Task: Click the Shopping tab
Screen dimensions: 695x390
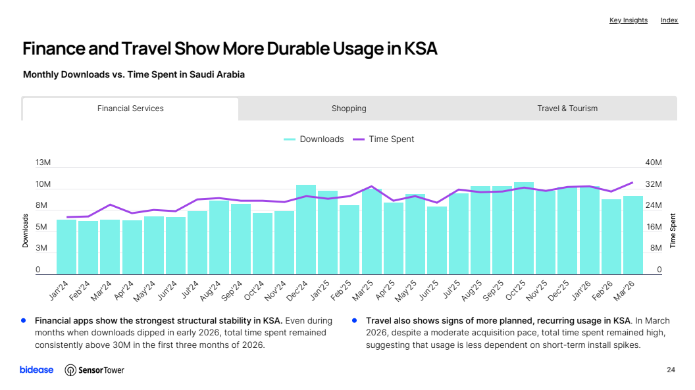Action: (x=349, y=109)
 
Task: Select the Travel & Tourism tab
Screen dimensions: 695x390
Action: (x=567, y=109)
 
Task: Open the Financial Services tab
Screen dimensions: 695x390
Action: (x=130, y=109)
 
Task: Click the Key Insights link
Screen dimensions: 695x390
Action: (x=628, y=20)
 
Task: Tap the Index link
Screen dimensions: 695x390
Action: (x=669, y=20)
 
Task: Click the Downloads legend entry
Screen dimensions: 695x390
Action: (x=314, y=139)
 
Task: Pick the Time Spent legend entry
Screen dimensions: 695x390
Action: (x=384, y=139)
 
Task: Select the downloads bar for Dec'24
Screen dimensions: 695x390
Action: (x=306, y=230)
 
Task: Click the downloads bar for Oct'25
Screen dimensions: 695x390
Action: (x=524, y=228)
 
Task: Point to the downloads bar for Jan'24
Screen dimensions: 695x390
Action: (x=66, y=247)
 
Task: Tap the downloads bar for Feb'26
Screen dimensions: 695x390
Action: (x=611, y=237)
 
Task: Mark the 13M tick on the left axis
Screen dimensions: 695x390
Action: (x=43, y=162)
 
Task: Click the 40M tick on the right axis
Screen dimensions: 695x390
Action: (x=654, y=162)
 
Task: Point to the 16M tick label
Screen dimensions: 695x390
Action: (x=654, y=227)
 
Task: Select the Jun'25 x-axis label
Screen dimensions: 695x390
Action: (x=428, y=290)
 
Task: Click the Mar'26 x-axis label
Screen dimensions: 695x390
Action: (x=624, y=291)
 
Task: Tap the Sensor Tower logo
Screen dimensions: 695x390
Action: (x=94, y=370)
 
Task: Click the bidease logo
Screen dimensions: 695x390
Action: (x=36, y=370)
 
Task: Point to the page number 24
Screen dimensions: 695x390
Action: (x=671, y=370)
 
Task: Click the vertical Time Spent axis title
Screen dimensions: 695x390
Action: (x=673, y=231)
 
